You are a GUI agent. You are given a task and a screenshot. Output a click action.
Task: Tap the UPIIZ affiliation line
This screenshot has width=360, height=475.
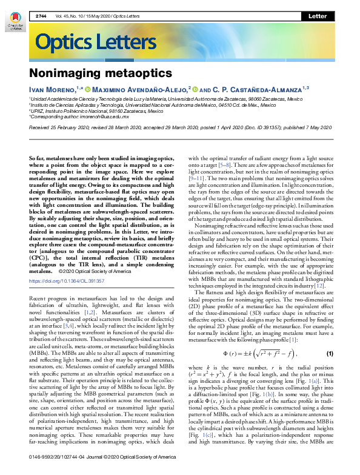click(96, 111)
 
